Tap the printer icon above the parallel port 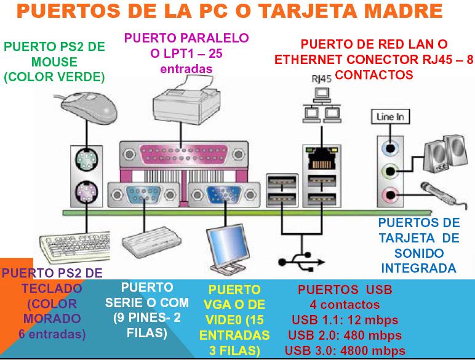pyautogui.click(x=181, y=104)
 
